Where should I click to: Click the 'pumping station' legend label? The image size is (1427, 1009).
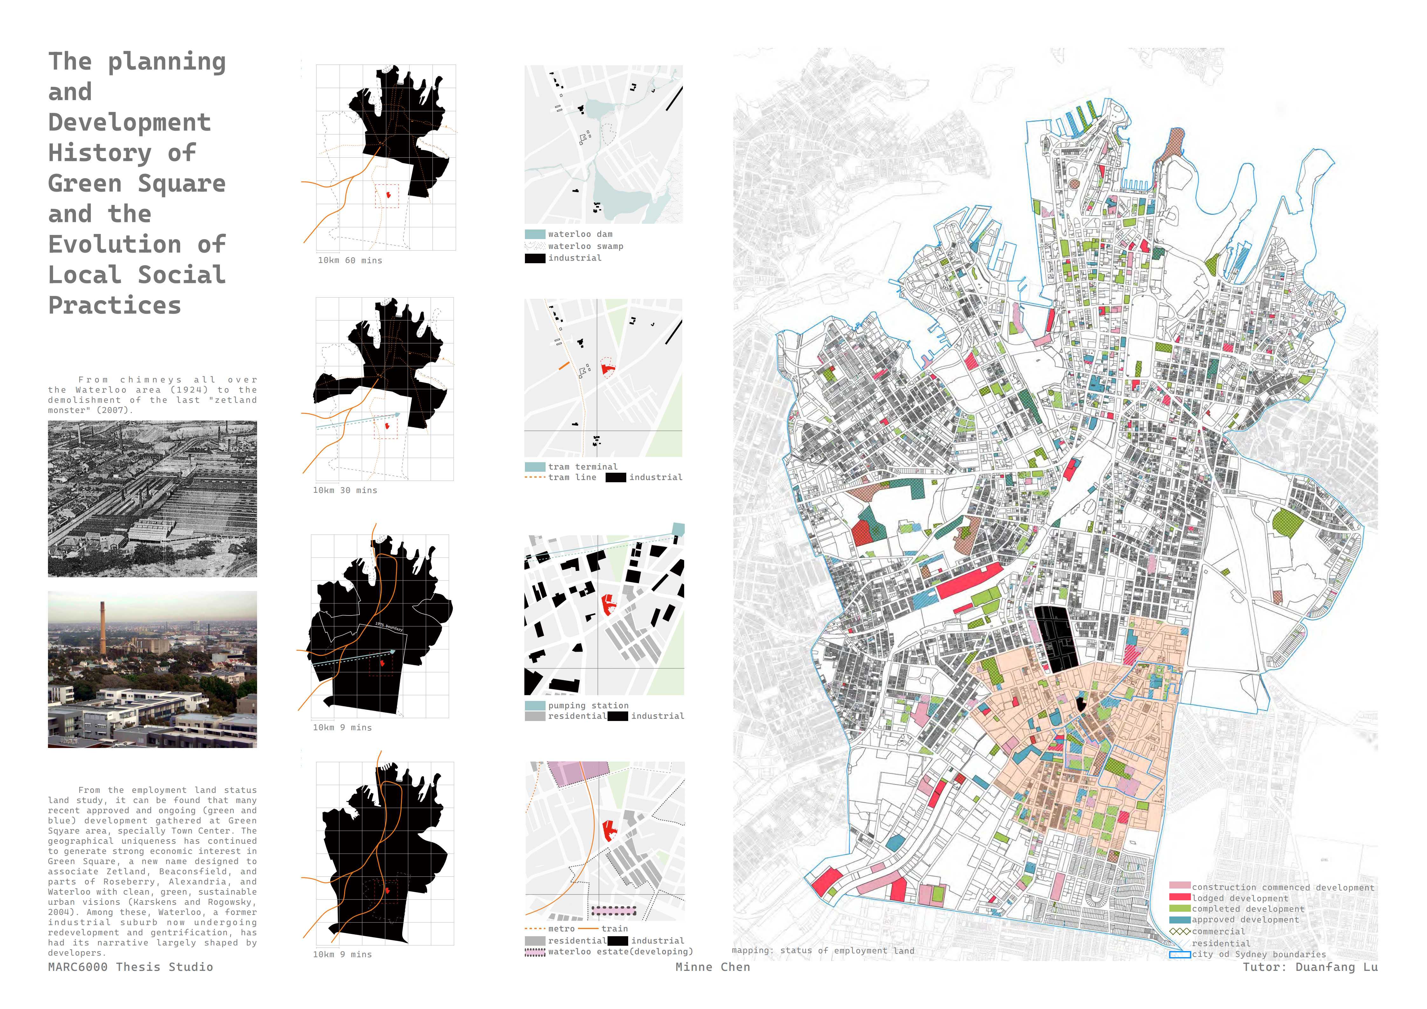[x=588, y=706]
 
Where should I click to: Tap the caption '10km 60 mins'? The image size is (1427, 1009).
[x=350, y=260]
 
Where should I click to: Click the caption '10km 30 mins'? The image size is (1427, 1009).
[x=345, y=491]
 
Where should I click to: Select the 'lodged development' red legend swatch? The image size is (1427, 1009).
[x=1179, y=898]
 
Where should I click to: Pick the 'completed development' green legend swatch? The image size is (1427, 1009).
[x=1179, y=908]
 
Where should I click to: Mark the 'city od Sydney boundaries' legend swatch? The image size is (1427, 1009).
[x=1179, y=954]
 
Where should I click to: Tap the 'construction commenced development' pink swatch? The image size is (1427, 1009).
[x=1179, y=886]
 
